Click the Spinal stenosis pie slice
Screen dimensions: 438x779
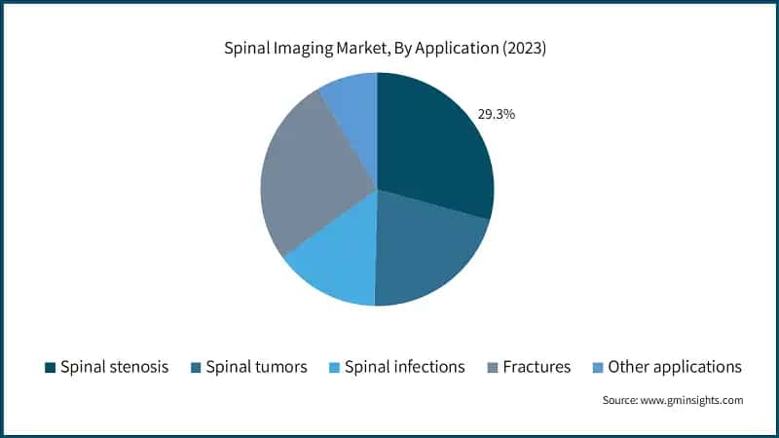433,146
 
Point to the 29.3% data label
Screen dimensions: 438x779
496,114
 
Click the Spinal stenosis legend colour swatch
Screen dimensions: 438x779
50,367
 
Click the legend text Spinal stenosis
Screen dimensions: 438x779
114,367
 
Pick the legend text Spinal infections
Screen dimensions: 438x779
404,367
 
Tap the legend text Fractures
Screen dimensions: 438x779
538,367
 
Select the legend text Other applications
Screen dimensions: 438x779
675,367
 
